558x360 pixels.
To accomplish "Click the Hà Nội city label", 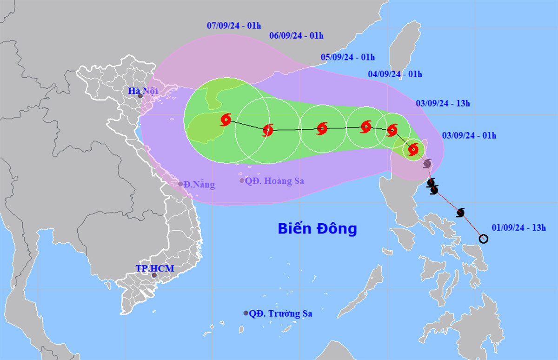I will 143,91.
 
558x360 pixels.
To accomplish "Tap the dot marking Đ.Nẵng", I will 181,184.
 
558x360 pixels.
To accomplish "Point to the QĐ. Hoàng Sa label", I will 275,181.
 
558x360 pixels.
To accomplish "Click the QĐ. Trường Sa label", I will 280,314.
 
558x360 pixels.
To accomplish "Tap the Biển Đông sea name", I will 317,229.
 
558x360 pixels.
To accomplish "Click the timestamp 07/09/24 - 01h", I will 233,26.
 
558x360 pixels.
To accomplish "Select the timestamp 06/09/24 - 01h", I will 296,35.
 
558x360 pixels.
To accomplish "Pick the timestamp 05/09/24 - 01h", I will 348,58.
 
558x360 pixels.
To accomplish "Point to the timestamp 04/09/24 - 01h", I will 395,74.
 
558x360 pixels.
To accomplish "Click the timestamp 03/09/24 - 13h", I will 443,104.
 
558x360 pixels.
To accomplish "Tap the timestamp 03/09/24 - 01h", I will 469,136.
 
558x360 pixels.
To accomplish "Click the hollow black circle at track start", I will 483,239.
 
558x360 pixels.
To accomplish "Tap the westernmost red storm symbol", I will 226,120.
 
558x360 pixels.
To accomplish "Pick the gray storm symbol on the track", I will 427,163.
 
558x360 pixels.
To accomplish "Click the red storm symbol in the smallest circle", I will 413,149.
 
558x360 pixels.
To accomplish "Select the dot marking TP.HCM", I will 154,275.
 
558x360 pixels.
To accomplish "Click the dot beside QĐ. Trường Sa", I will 246,313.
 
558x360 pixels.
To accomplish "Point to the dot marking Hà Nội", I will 140,96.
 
